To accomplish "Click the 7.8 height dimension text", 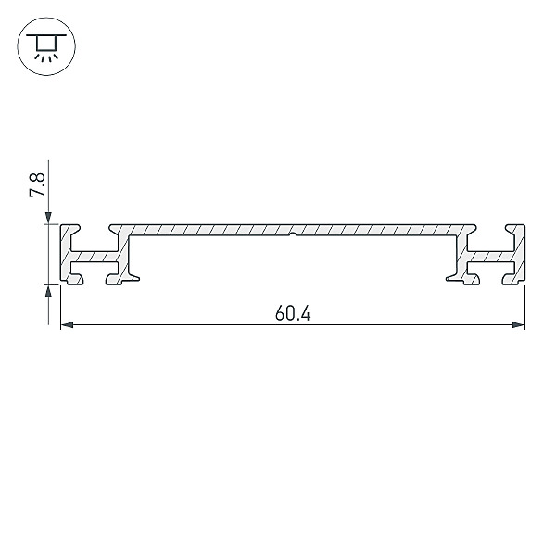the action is [37, 184].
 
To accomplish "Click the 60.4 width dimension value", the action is [293, 314].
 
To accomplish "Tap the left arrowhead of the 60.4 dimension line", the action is [67, 325].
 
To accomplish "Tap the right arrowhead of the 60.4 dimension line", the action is [518, 325].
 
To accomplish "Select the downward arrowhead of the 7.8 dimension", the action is [48, 218].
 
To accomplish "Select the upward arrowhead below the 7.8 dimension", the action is [48, 291].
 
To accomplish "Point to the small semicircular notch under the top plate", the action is [292, 234].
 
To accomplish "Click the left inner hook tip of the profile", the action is [137, 279].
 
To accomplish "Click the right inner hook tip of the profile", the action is [448, 279].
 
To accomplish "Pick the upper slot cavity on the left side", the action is [95, 242].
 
